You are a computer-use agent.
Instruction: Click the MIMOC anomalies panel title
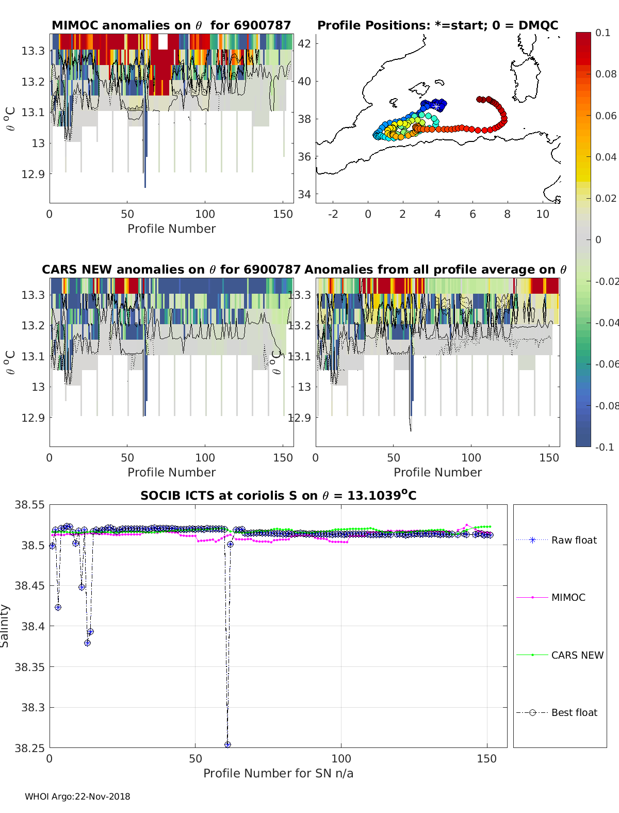click(171, 25)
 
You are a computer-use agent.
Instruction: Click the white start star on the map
click(436, 107)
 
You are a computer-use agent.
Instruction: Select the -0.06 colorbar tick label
click(607, 364)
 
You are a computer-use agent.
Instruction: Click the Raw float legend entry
click(574, 540)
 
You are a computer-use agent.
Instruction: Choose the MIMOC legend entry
click(568, 597)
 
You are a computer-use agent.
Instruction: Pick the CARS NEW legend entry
click(577, 655)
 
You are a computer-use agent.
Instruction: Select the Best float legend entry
click(574, 712)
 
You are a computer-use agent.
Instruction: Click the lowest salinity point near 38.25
click(227, 744)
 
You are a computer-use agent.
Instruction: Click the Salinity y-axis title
click(5, 626)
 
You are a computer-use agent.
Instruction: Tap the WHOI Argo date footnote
click(77, 796)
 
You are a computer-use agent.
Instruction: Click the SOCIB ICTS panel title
click(279, 496)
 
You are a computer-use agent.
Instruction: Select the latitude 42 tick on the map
click(305, 43)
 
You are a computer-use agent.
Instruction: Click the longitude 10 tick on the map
click(543, 214)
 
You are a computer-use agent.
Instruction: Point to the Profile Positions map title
click(437, 25)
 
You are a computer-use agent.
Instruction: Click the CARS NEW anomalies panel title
click(171, 269)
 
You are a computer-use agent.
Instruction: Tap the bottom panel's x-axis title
click(278, 773)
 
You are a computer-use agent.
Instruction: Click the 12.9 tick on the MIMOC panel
click(33, 174)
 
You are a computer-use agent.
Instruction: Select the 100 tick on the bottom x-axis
click(341, 759)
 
